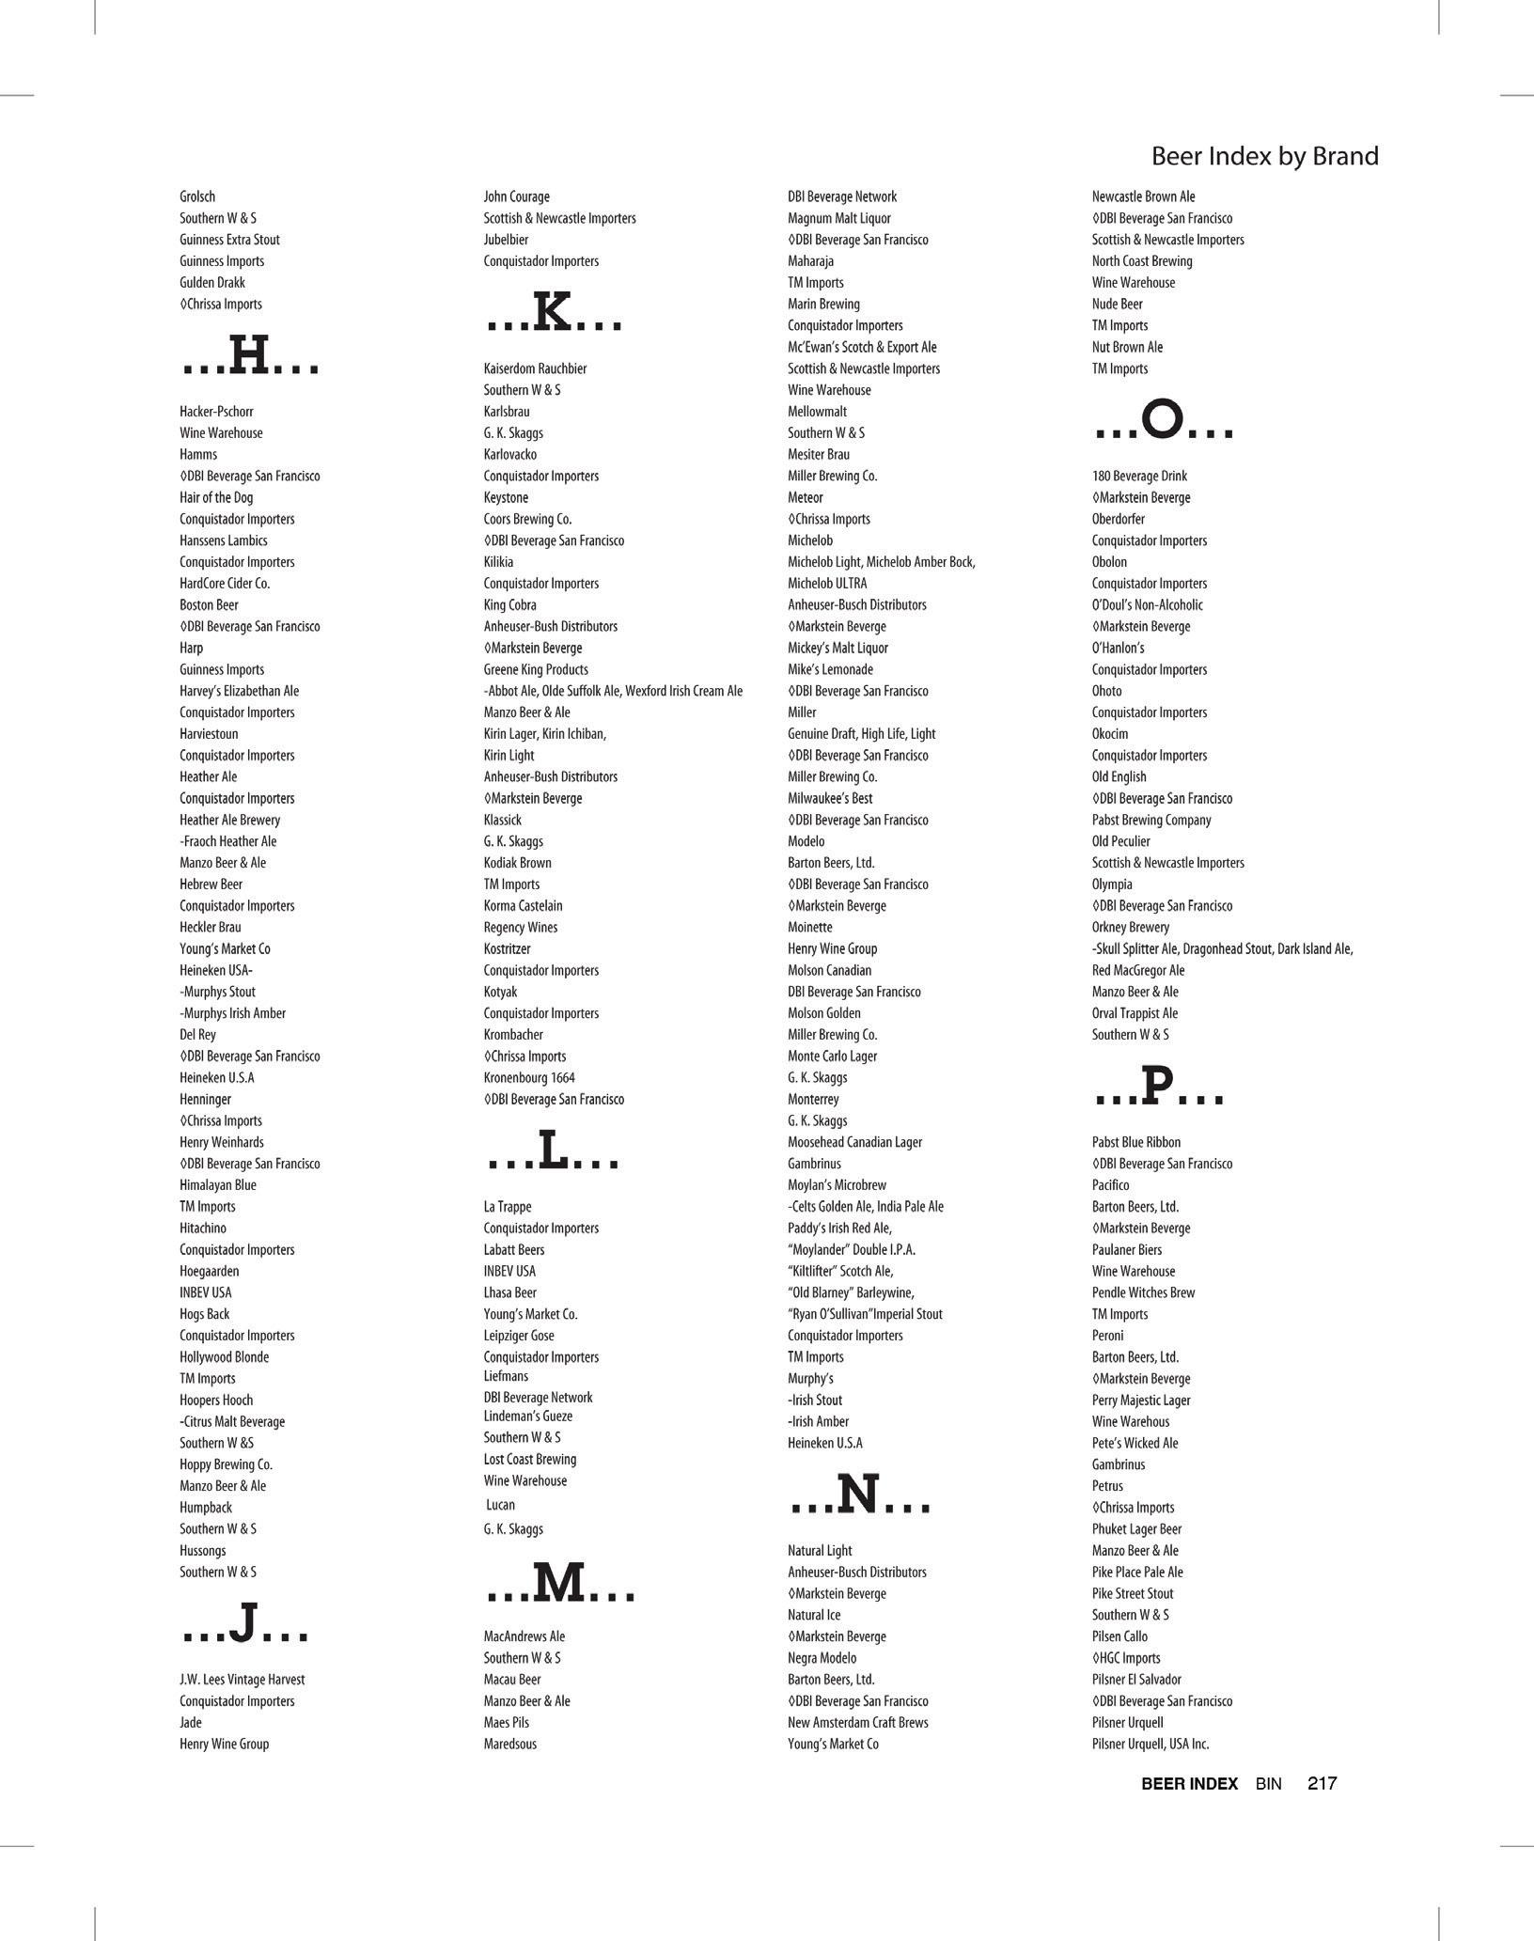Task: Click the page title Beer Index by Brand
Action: (1264, 156)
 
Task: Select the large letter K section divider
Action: (553, 314)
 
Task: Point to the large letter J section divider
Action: (244, 1625)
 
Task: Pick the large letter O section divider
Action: (1164, 421)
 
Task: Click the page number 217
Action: (1322, 1783)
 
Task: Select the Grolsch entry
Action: (197, 196)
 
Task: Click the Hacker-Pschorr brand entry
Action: (216, 412)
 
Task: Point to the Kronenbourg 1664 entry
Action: (529, 1078)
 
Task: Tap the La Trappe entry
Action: (508, 1207)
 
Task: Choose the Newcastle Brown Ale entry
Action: (1143, 196)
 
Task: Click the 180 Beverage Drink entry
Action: (1139, 476)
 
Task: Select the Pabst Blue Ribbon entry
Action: (1136, 1142)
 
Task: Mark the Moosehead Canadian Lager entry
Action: (854, 1142)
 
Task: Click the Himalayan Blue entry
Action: (218, 1185)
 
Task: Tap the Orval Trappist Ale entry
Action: (1135, 1013)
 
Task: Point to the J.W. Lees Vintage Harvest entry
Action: (243, 1680)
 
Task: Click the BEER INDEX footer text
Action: (1189, 1783)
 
